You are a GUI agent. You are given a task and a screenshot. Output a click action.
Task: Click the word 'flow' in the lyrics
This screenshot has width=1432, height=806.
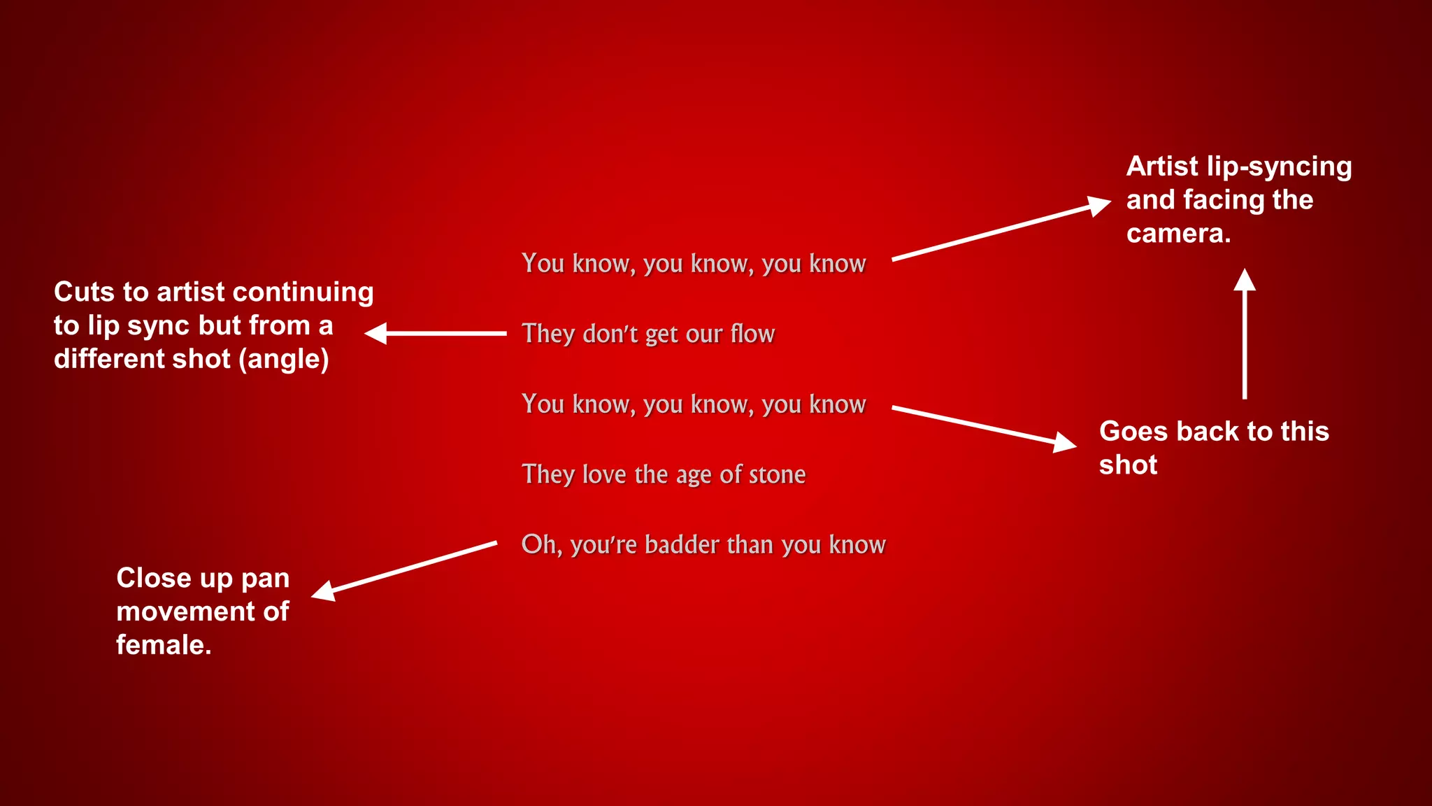click(x=752, y=334)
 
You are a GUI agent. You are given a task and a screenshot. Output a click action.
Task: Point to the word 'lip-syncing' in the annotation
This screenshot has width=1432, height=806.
click(x=1279, y=167)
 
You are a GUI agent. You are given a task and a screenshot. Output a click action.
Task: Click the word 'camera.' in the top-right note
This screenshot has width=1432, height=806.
click(x=1178, y=233)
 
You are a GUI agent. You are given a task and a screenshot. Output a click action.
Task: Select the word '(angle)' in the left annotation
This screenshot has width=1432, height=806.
click(x=283, y=359)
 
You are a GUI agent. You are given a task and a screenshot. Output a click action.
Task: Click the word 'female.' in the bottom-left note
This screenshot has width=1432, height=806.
click(x=164, y=644)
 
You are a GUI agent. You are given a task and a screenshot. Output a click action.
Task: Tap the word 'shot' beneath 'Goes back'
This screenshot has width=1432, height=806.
click(x=1128, y=465)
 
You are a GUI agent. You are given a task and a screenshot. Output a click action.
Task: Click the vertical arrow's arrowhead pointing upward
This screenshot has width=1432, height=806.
click(x=1245, y=280)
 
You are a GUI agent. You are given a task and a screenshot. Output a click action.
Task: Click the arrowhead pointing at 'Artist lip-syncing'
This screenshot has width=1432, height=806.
click(x=1099, y=206)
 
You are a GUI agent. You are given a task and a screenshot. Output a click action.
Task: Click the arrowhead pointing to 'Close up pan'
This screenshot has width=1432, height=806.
click(x=323, y=591)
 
